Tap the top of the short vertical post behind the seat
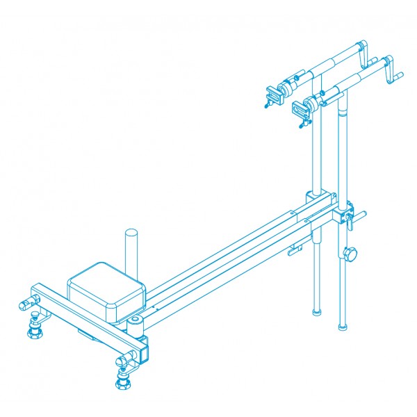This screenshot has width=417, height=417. pyautogui.click(x=132, y=233)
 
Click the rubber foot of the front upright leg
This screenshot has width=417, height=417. pyautogui.click(x=342, y=325)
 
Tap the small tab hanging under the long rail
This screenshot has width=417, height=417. pyautogui.click(x=296, y=251)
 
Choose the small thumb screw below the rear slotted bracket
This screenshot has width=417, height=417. pyautogui.click(x=268, y=105)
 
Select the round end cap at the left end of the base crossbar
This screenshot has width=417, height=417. pyautogui.click(x=23, y=304)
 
